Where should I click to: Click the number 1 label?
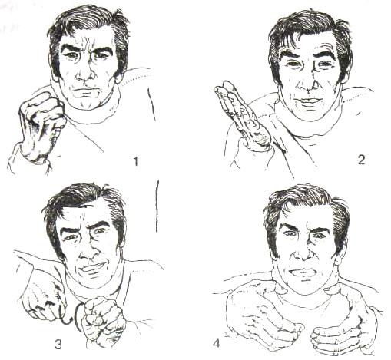(136, 161)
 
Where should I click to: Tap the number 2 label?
(361, 160)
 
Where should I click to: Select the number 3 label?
(58, 345)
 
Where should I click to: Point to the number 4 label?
(217, 343)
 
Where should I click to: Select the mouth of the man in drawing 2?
(310, 101)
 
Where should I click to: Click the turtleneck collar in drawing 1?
(87, 107)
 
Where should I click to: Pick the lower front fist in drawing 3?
(102, 321)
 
